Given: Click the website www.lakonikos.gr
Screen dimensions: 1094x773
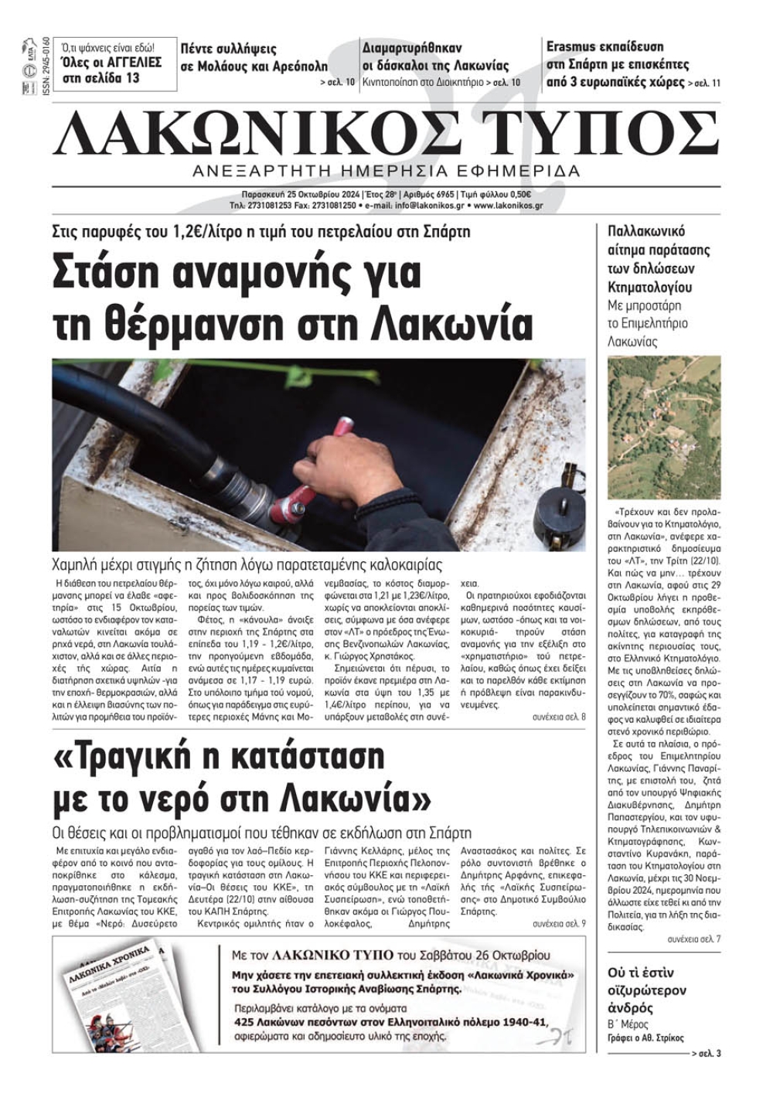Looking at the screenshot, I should coord(508,206).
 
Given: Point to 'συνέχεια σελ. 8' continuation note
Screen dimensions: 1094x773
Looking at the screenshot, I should coord(559,717).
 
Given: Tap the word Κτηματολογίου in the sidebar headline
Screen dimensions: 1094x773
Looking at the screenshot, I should coord(649,288).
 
